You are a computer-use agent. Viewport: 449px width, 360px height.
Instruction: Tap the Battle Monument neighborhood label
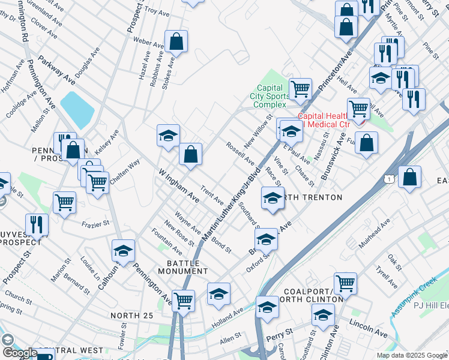[182, 266]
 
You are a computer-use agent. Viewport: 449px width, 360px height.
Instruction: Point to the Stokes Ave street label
[168, 74]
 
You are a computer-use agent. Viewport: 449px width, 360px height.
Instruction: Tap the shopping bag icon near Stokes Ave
[177, 42]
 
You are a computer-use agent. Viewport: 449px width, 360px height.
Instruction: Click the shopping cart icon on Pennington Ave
[183, 301]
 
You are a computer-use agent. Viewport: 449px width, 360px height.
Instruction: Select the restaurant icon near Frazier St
[37, 225]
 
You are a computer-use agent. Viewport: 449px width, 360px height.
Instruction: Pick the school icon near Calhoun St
[124, 251]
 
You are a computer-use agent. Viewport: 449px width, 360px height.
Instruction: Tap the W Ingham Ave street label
[178, 185]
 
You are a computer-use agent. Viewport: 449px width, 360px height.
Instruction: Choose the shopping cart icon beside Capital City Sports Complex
[300, 89]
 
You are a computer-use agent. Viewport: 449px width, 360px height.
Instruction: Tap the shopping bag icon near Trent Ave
[190, 154]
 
